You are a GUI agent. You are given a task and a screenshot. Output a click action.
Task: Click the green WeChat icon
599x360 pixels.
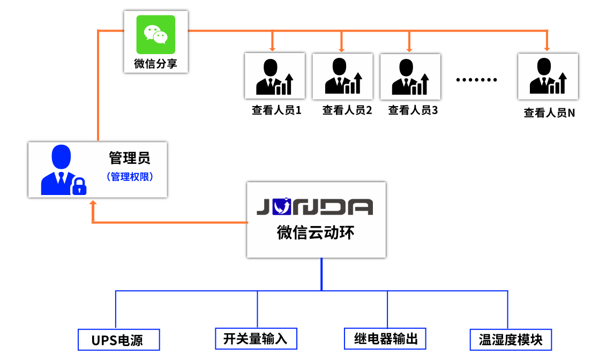point(155,34)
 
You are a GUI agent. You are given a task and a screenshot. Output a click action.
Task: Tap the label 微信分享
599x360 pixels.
point(155,64)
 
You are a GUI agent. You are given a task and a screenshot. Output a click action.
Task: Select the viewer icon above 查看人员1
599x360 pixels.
point(274,76)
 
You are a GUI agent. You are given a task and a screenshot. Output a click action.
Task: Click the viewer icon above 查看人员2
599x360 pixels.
point(342,76)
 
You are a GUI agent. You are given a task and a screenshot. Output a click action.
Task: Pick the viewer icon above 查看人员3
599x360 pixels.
point(410,76)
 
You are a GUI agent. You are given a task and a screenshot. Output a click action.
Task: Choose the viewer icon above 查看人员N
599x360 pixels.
point(548,76)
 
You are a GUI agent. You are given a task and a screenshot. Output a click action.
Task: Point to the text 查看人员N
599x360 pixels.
point(549,113)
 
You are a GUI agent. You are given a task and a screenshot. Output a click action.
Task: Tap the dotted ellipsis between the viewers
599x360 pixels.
point(477,80)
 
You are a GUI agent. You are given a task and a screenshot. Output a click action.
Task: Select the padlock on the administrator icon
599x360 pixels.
point(79,186)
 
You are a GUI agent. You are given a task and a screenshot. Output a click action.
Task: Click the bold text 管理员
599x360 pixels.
point(130,157)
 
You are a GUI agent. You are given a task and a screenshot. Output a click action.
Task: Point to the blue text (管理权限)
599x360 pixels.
point(130,176)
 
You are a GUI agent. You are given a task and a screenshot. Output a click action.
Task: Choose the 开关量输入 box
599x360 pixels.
point(256,339)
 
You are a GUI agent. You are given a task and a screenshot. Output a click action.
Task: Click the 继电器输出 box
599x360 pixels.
point(385,339)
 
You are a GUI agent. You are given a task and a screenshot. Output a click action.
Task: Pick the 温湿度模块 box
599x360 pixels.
point(510,340)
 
